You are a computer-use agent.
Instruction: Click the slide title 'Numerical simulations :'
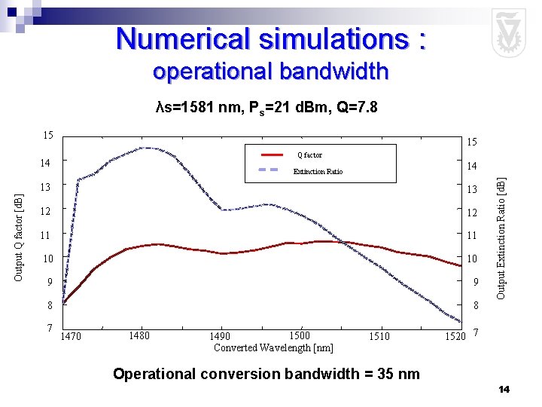271,38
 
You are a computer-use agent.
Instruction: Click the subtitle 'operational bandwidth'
270,72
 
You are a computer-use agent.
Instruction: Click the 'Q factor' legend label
309,155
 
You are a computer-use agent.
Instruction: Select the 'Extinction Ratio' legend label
318,171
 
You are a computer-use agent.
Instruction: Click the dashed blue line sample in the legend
269,170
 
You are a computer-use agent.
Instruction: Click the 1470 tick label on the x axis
72,336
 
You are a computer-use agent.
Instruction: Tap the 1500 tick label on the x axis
299,335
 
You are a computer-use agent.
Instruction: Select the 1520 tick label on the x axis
455,336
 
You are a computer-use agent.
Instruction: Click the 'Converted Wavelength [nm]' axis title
273,347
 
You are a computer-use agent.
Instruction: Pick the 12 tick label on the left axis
46,211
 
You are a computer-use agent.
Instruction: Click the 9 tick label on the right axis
474,283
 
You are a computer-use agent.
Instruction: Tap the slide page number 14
504,389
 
